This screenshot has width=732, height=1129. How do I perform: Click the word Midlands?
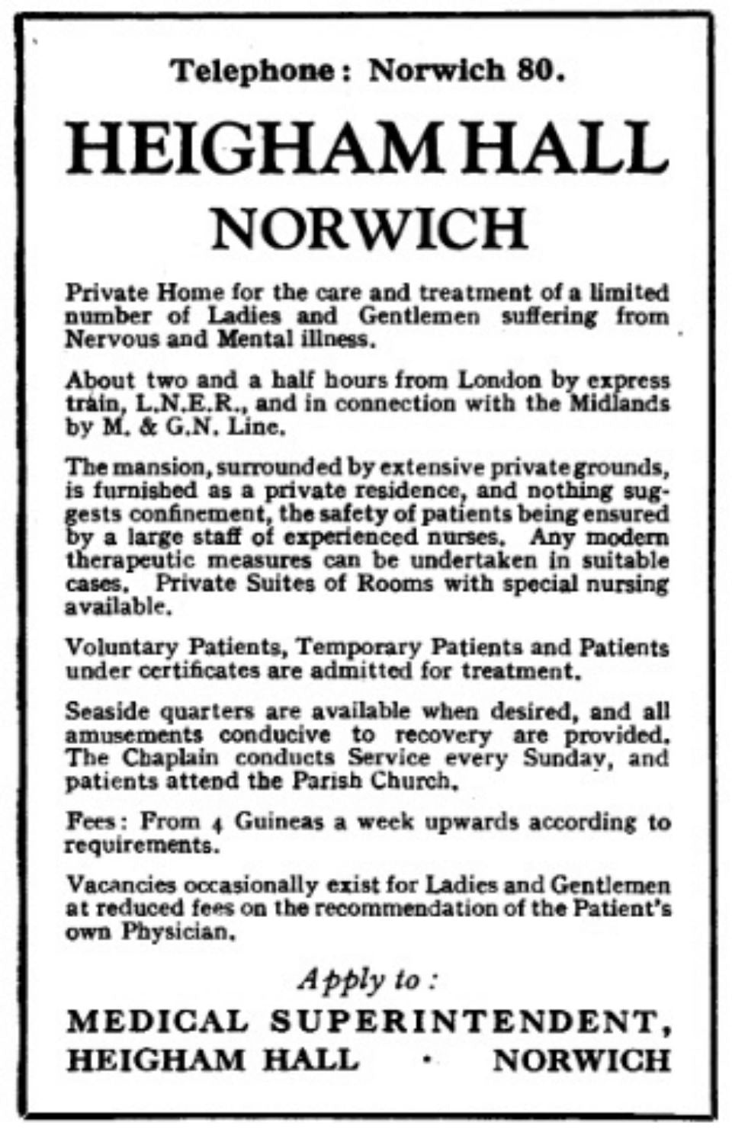point(620,403)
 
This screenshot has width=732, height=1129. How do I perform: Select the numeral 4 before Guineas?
point(217,823)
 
